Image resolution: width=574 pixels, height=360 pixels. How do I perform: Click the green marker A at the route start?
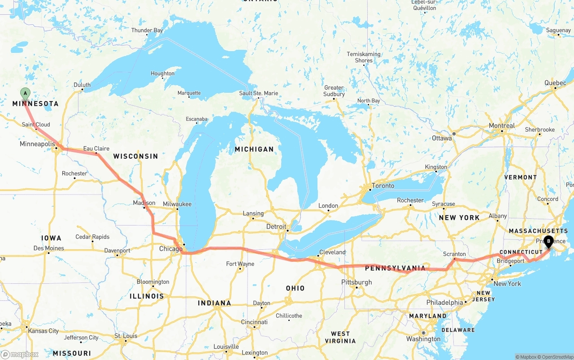tap(25, 94)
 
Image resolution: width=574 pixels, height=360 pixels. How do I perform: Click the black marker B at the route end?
tap(548, 242)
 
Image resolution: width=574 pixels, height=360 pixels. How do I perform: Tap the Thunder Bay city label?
tap(147, 30)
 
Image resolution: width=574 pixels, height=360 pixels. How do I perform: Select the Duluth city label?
tap(82, 85)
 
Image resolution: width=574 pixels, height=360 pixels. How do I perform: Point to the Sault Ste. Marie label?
tap(258, 93)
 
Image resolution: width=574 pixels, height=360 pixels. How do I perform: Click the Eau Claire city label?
tap(96, 148)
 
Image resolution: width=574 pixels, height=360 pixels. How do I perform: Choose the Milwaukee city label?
tap(177, 204)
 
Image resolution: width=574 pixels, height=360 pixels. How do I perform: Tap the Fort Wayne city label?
tap(240, 264)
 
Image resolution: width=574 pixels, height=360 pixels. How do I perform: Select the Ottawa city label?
tap(442, 138)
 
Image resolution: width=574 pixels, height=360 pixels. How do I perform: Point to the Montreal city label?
tap(501, 126)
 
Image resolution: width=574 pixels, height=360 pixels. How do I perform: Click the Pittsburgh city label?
tap(357, 282)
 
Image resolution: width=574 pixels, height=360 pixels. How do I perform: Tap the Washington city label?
tap(423, 339)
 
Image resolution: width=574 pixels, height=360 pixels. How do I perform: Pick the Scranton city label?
tap(454, 254)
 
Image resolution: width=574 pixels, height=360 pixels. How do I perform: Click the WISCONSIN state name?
tap(135, 156)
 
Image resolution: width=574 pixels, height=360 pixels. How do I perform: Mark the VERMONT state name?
tap(520, 177)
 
